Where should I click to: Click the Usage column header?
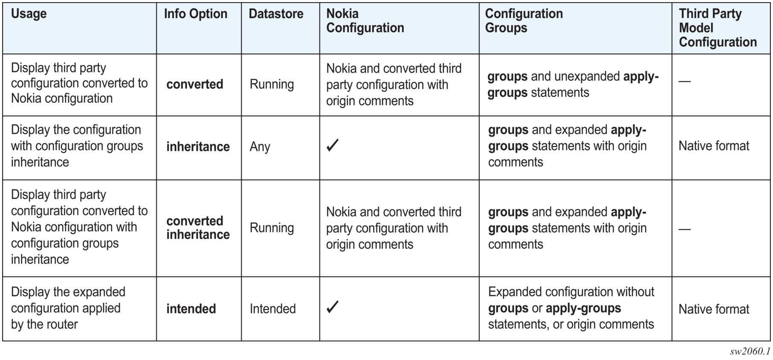click(29, 14)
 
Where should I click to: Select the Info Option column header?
click(196, 14)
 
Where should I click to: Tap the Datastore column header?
click(276, 14)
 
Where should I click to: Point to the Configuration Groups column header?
click(524, 20)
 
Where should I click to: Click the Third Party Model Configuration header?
click(718, 28)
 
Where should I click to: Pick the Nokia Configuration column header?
click(365, 20)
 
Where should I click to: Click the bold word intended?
click(191, 308)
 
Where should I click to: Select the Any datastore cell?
click(260, 147)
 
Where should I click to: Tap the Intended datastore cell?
click(273, 308)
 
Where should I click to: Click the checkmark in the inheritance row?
click(333, 145)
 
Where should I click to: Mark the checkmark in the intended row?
click(333, 307)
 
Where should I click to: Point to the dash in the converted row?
click(684, 81)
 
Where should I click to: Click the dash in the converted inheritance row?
click(684, 229)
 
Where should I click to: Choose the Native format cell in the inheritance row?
click(714, 146)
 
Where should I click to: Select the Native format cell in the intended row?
click(714, 309)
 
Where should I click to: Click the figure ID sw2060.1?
click(750, 351)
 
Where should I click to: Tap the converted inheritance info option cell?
click(198, 227)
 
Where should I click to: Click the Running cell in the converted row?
click(272, 84)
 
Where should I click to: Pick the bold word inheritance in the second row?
click(198, 146)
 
